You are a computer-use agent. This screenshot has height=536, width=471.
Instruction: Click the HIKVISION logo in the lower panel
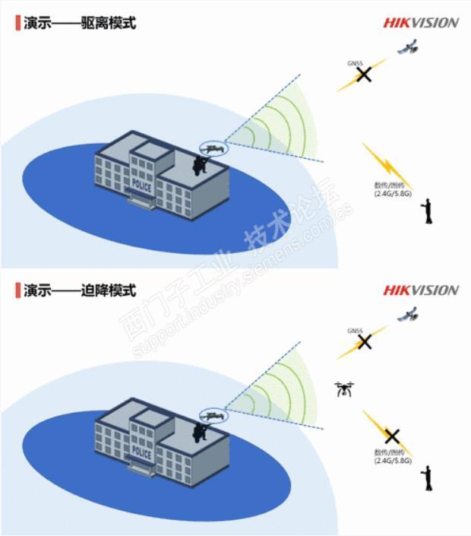point(420,290)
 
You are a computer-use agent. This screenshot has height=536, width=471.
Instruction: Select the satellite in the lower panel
point(409,313)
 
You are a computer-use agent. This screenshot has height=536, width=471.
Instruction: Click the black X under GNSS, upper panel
point(365,75)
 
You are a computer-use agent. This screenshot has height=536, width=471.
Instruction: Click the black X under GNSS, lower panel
point(365,341)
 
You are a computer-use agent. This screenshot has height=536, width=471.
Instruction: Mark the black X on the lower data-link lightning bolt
point(391,436)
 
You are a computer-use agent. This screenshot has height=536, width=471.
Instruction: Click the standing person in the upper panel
point(428,211)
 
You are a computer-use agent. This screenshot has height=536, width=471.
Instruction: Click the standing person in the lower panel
point(428,477)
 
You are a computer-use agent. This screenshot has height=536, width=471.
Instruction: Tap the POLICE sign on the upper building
point(142,185)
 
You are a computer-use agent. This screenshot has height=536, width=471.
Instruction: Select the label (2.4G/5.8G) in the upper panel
point(393,193)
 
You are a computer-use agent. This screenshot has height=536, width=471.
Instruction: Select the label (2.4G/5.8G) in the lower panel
point(393,461)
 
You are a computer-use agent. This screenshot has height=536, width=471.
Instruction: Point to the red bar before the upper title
point(17,22)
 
